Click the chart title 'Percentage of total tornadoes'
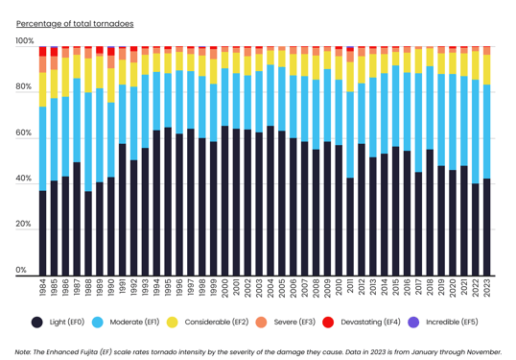75,23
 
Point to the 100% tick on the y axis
24,41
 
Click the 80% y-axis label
24,87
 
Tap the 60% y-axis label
24,133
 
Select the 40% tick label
24,179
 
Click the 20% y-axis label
24,225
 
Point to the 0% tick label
22,271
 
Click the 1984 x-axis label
42,288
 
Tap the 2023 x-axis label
486,288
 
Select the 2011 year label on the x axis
350,288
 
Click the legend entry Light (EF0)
66,323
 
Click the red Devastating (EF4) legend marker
327,323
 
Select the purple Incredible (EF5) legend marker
414,323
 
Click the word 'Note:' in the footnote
27,352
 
